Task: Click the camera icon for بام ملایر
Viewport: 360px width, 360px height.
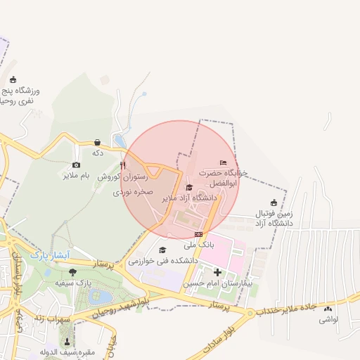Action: tap(76, 165)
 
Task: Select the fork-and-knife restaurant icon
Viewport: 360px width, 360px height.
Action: tap(123, 166)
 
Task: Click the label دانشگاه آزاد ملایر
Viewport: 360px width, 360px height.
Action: tap(188, 198)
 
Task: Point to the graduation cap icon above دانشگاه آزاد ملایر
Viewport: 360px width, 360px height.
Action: tap(188, 187)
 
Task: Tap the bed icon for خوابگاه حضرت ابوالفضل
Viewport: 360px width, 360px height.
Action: tap(224, 162)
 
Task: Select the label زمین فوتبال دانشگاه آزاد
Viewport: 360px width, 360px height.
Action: tap(274, 217)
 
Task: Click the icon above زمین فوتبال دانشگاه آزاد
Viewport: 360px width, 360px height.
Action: tap(274, 202)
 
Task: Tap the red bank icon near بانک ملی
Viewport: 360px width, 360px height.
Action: tap(199, 234)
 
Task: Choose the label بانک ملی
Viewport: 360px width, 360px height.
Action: tap(198, 245)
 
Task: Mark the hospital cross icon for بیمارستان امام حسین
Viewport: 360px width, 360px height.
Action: tap(217, 272)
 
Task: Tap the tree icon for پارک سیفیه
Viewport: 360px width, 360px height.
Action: tap(73, 271)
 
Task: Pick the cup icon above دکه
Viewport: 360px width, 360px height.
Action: tap(97, 141)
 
